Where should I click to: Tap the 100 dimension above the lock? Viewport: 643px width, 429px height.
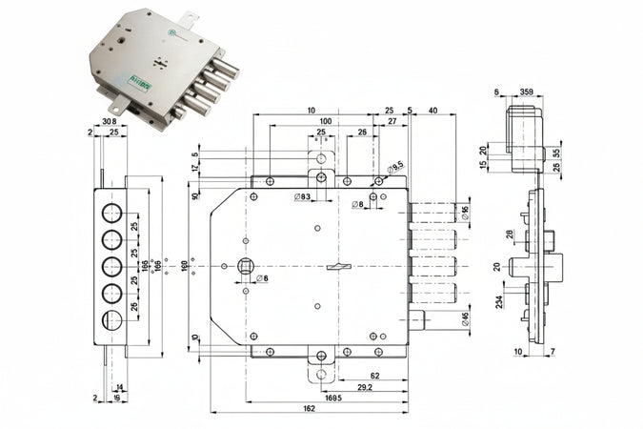coord(325,121)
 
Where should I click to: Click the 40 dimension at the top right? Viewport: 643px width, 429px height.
coord(433,111)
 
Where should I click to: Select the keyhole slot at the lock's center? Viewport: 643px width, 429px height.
coord(334,269)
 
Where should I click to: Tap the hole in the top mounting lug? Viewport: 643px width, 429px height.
coord(320,159)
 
